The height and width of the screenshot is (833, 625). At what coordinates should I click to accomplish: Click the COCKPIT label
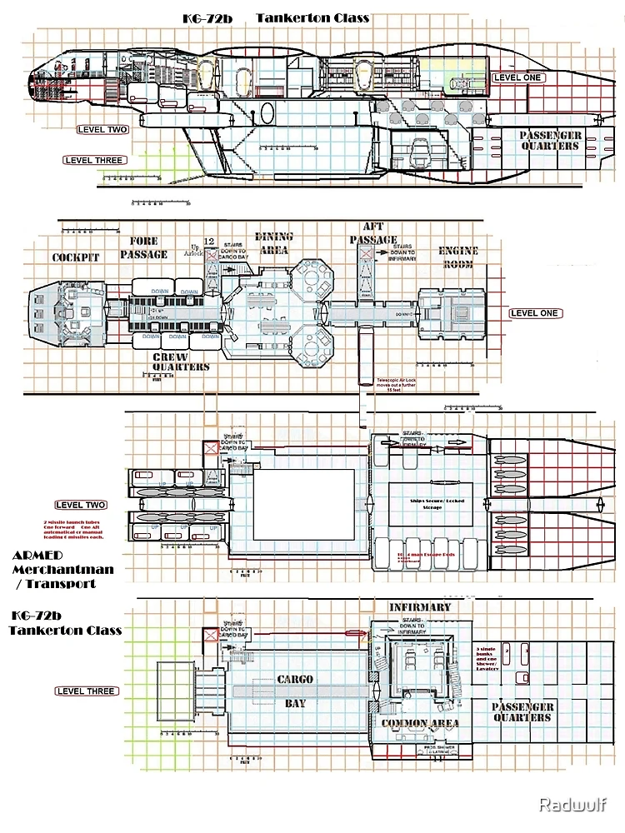tap(76, 257)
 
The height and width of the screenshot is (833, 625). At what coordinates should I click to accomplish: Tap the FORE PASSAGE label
tap(149, 248)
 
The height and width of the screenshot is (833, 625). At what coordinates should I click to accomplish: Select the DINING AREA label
tap(273, 242)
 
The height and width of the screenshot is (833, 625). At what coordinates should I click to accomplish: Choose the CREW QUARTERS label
tap(180, 362)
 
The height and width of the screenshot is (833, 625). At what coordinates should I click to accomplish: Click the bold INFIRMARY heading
tap(420, 607)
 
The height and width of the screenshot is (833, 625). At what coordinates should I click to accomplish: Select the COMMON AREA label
tap(420, 723)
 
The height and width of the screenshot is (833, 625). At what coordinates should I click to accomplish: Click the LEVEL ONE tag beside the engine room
tap(536, 313)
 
